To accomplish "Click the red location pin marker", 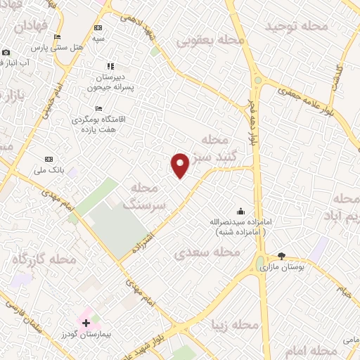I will coord(181,165).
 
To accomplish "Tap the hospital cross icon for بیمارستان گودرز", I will coord(86,323).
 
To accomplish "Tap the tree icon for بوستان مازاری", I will coord(282,257).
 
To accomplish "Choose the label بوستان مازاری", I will coord(281,268).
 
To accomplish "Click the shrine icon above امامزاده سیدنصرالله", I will coord(241,211).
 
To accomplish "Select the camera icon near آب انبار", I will coord(6,53).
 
